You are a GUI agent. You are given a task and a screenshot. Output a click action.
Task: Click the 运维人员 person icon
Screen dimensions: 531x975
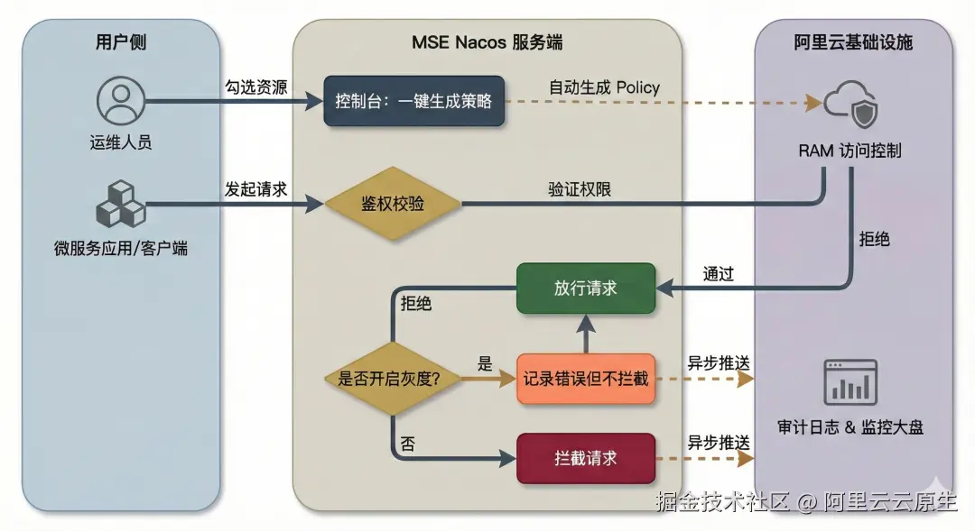(120, 101)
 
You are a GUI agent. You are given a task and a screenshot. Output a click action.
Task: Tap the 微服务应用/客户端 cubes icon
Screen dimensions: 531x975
(120, 205)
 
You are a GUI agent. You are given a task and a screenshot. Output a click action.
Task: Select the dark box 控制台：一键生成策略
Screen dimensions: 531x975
(413, 101)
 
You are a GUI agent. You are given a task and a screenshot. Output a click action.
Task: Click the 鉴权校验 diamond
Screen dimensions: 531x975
(393, 205)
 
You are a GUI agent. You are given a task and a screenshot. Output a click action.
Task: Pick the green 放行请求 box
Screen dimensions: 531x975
(585, 288)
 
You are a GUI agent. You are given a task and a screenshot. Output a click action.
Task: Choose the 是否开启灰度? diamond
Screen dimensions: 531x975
(390, 379)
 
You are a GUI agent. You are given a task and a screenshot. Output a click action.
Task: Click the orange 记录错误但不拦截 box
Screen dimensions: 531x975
(585, 379)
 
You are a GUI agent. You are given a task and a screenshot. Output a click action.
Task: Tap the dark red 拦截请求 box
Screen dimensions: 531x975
(585, 458)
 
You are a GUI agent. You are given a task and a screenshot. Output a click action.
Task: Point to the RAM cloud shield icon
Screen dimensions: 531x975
(850, 104)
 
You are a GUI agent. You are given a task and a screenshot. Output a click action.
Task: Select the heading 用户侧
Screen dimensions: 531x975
(120, 42)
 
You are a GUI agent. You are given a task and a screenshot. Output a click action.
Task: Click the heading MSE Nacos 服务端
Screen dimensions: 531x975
(487, 42)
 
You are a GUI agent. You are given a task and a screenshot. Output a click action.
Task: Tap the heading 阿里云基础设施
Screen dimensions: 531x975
(853, 42)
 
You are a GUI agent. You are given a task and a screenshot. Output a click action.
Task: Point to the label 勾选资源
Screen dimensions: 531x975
(255, 87)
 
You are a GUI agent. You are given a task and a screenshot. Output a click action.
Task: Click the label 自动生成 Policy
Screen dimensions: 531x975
(604, 87)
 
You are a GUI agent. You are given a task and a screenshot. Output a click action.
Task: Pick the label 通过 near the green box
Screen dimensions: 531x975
(718, 274)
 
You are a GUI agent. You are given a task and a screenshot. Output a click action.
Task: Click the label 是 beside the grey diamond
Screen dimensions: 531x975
(485, 364)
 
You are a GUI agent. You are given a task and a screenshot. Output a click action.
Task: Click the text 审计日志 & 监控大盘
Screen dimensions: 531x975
(850, 426)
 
